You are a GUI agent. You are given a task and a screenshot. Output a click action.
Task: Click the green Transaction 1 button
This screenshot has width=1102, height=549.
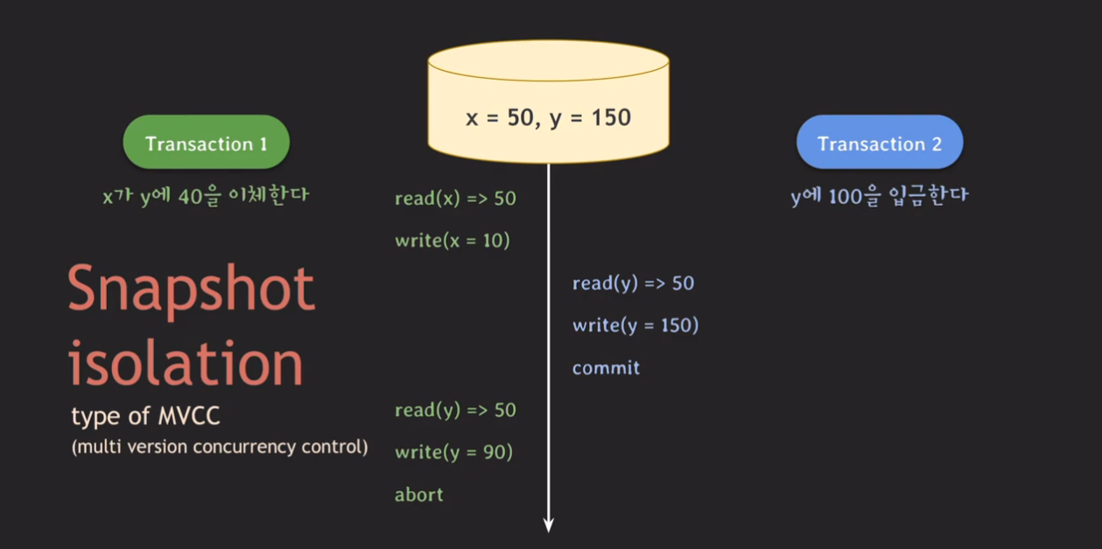click(206, 143)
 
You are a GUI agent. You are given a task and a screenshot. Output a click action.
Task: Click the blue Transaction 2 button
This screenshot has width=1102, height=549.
click(880, 143)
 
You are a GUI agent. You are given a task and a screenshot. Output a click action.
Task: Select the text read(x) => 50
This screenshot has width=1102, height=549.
click(455, 199)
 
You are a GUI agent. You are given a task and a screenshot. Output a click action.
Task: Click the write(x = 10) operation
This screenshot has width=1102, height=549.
click(452, 241)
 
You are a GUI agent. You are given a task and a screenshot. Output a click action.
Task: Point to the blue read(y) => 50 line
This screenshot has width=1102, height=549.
click(633, 284)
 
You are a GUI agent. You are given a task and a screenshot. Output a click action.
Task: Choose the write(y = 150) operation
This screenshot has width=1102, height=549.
click(635, 326)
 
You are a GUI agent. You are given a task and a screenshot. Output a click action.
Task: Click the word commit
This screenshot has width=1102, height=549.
click(606, 368)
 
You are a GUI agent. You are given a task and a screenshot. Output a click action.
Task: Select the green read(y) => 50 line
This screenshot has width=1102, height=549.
click(455, 411)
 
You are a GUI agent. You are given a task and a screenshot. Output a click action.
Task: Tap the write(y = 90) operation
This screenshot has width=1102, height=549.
click(453, 453)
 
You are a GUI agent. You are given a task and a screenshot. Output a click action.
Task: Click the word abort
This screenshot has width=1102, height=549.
click(418, 495)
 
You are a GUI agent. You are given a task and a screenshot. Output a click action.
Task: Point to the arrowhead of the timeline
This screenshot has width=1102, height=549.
click(549, 524)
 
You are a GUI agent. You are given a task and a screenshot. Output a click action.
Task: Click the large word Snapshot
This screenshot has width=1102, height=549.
click(191, 289)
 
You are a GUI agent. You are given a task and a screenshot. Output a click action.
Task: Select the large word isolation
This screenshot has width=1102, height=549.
click(186, 362)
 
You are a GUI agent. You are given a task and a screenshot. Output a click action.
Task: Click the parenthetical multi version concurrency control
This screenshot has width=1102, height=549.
click(220, 447)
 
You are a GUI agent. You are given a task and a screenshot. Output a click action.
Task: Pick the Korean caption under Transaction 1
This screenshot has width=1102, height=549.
click(206, 195)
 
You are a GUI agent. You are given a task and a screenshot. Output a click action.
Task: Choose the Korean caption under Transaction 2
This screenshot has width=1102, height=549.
click(880, 195)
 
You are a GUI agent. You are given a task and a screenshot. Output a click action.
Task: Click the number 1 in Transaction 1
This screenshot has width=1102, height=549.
click(263, 144)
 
